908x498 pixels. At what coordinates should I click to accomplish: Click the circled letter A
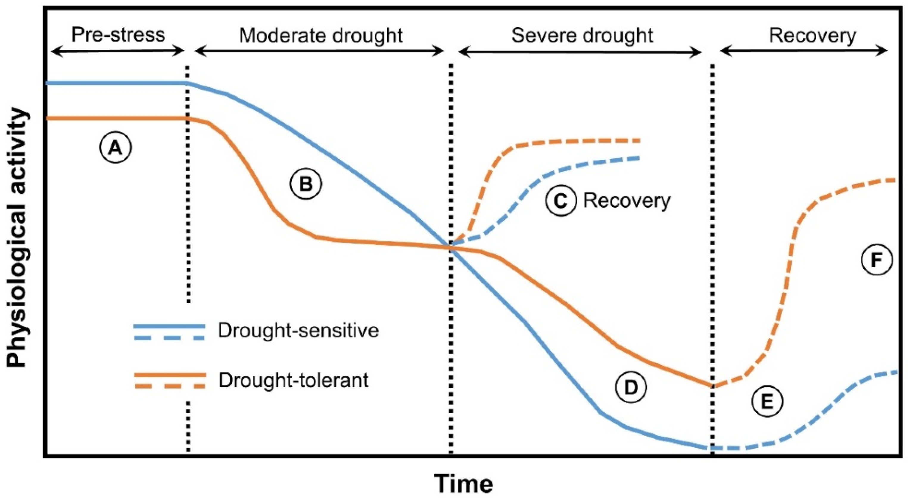point(115,148)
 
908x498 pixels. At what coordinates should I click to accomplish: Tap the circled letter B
point(306,184)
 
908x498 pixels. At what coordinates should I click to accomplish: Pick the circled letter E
point(767,401)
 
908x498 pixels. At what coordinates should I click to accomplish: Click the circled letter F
point(877,260)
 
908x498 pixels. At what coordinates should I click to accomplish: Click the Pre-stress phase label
point(118,35)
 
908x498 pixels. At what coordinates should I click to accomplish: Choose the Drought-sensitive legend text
point(298,331)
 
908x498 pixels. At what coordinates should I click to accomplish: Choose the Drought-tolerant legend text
point(293,380)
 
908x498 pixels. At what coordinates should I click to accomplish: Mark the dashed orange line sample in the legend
point(169,386)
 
